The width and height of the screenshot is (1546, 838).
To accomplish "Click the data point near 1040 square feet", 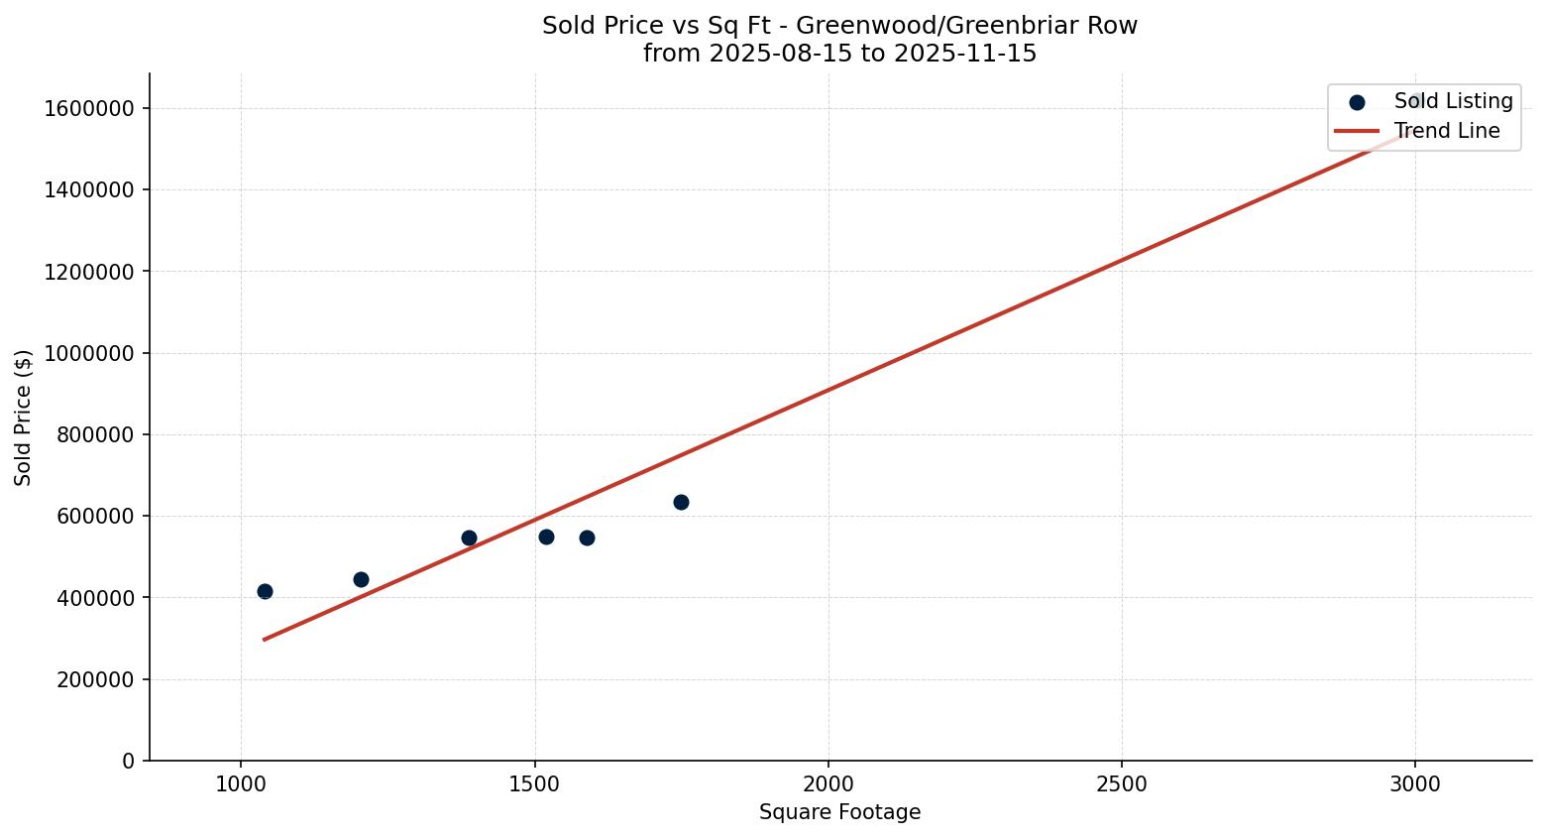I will click(265, 591).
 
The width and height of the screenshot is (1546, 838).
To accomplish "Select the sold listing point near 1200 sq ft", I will click(361, 579).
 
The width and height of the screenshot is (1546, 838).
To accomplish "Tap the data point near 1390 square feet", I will click(469, 538).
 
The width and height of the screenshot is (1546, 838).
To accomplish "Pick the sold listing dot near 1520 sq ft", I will click(546, 537).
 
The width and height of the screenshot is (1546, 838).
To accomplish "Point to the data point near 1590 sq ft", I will click(587, 538).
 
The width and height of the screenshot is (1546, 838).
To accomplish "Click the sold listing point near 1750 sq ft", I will click(681, 502).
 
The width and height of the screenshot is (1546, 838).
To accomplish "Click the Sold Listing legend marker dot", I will click(1357, 102).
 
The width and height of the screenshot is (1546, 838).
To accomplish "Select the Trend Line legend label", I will click(1446, 131).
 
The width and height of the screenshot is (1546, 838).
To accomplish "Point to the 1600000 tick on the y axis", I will click(89, 108).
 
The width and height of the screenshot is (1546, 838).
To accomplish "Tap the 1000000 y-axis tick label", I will click(89, 353).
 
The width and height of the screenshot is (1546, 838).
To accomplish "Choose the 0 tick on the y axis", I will click(128, 761).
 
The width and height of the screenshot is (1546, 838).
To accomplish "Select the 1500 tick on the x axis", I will click(534, 784).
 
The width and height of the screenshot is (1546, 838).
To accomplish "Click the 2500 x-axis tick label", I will click(1121, 784).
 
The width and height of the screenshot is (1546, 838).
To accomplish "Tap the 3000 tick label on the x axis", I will click(1414, 784).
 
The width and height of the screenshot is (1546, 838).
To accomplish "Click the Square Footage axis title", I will click(839, 813).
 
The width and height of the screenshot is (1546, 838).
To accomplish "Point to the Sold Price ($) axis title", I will click(24, 418).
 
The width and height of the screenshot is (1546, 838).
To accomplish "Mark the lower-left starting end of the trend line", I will click(264, 640).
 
